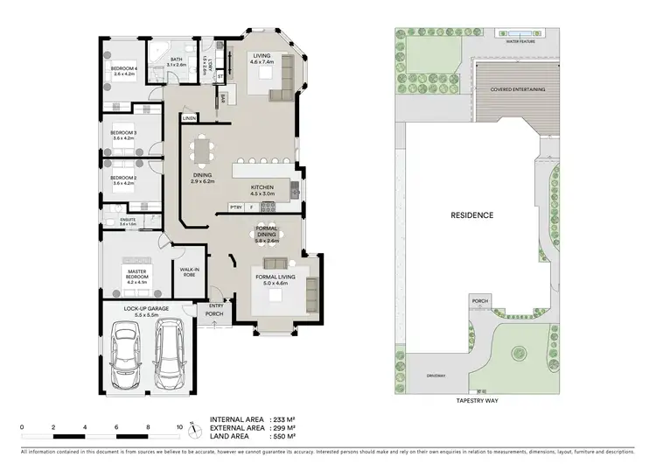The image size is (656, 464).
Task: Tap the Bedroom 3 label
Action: coord(122,135)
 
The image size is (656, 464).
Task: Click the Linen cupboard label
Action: coord(189,116)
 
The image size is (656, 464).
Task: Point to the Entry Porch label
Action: coord(215,309)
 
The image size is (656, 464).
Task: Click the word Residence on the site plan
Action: coord(471,215)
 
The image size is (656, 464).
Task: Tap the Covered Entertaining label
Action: coord(519,89)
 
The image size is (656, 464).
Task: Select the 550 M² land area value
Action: coord(284,435)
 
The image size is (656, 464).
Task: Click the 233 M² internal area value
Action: coord(284,418)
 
